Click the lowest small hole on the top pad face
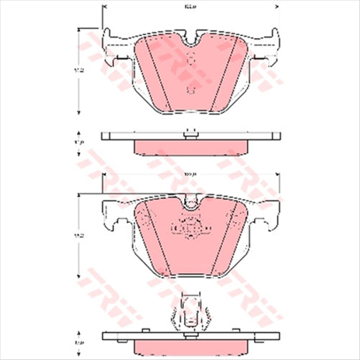[x=190, y=89]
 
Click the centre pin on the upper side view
[x=190, y=131]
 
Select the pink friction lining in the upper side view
[x=190, y=147]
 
